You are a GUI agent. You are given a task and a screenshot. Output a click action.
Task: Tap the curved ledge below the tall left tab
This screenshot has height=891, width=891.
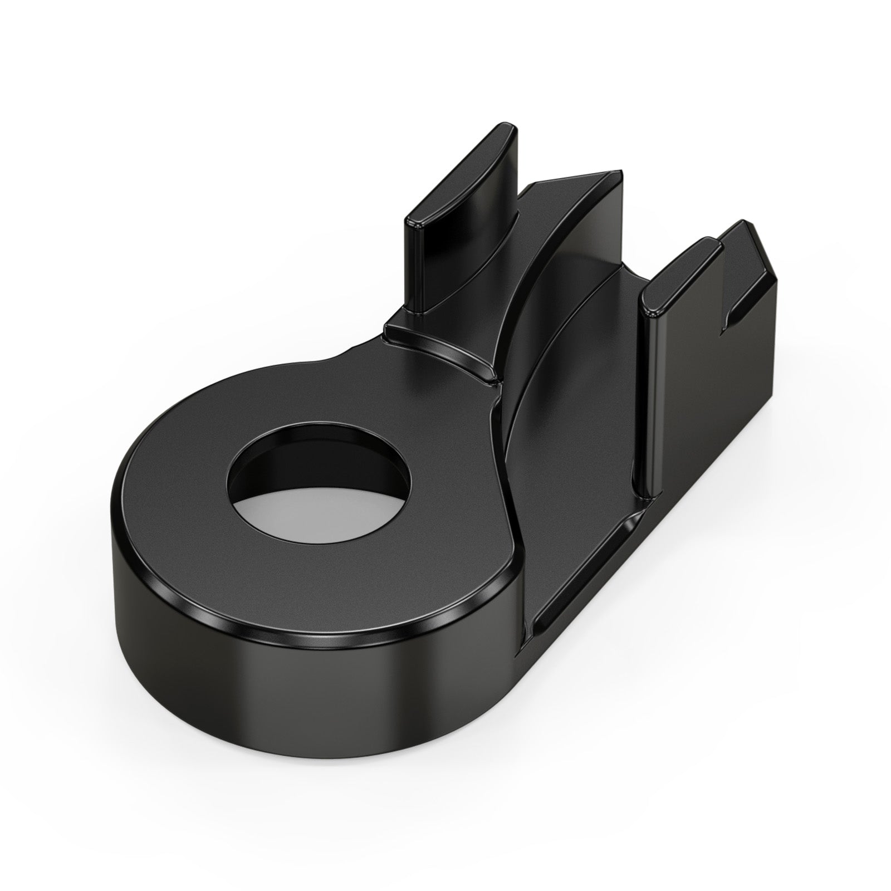(x=440, y=345)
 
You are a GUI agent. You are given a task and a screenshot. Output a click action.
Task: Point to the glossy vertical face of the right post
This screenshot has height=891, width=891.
(x=652, y=390)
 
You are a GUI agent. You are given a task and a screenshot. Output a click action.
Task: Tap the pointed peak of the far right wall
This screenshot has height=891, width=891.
(x=749, y=226)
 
